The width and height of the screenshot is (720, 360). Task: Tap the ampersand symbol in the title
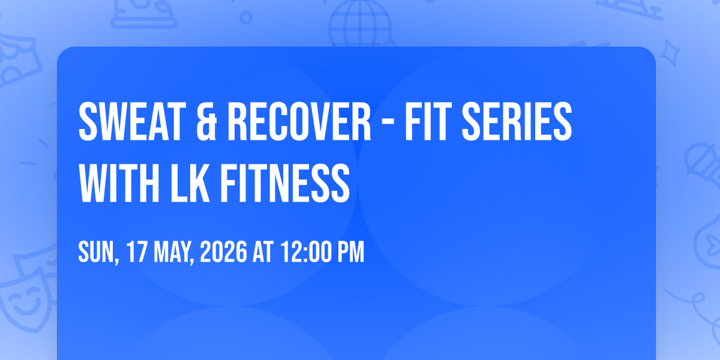point(206,121)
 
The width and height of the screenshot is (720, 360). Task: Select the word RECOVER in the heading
point(299,121)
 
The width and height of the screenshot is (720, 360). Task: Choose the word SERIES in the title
point(517,121)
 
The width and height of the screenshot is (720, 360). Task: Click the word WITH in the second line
point(119,183)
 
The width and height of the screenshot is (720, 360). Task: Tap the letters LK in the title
point(190,183)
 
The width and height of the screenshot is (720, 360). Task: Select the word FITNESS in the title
point(285,183)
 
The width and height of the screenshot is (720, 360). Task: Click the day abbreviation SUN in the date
point(97,253)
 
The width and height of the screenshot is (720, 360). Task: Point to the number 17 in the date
point(137,253)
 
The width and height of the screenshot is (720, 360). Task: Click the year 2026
point(224,253)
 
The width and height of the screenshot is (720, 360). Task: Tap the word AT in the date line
point(263,253)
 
